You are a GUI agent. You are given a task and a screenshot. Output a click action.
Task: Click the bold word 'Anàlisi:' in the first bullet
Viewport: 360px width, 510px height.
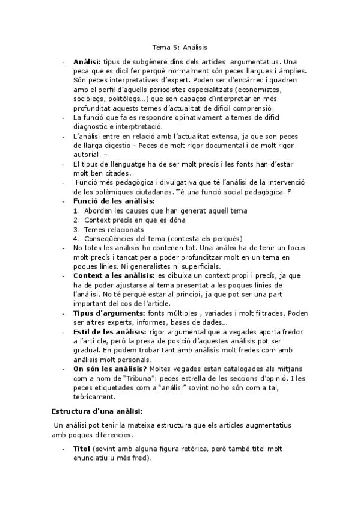click(x=87, y=62)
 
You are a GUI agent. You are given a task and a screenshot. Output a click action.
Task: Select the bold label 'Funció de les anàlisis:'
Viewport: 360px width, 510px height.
click(x=114, y=200)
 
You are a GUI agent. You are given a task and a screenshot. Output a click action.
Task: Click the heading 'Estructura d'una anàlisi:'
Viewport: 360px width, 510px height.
click(x=95, y=411)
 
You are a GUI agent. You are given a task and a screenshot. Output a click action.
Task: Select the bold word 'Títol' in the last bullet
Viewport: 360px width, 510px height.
click(x=81, y=449)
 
